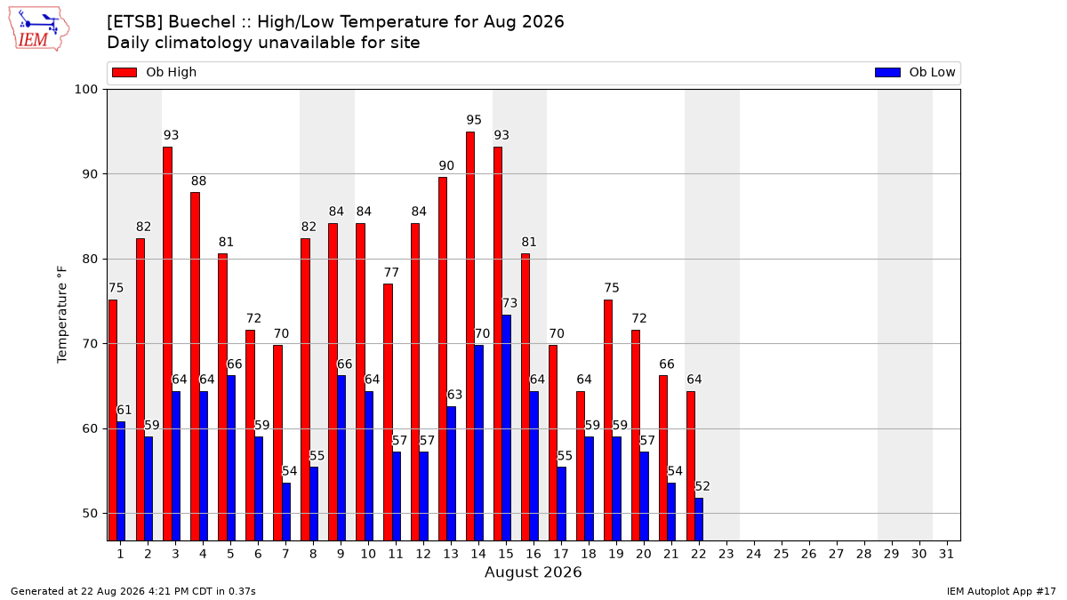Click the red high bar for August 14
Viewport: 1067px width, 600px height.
[x=470, y=336]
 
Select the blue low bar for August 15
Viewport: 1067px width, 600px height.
[x=506, y=428]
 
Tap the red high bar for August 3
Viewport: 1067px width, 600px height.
[x=167, y=344]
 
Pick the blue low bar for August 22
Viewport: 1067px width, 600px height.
[x=699, y=519]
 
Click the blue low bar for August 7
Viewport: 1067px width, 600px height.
[x=286, y=512]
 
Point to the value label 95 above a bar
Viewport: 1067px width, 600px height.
[x=474, y=120]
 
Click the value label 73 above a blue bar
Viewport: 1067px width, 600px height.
[x=509, y=303]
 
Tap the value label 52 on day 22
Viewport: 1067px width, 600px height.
[x=702, y=486]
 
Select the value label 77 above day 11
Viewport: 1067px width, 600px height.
[x=391, y=272]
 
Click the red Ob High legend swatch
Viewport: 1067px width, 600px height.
[x=124, y=72]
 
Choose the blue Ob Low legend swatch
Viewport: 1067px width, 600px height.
[x=887, y=72]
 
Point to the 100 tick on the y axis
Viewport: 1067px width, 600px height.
[x=85, y=90]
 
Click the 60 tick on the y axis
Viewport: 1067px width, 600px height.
[x=90, y=428]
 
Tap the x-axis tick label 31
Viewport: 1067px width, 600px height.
[x=946, y=555]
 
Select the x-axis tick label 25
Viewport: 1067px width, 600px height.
[x=782, y=555]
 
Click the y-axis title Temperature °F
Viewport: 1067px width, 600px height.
[x=62, y=315]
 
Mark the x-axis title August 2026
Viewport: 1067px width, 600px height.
[x=533, y=572]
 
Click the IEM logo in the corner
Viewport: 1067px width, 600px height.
[x=39, y=29]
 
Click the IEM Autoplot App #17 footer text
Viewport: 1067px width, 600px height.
[x=1001, y=591]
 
